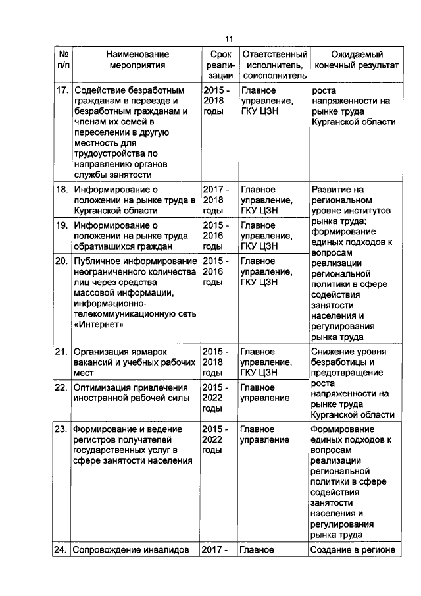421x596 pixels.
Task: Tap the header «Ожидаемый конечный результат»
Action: [x=357, y=60]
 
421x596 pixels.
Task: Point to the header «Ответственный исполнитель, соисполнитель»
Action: [x=274, y=65]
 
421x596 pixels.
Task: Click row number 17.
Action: [x=61, y=90]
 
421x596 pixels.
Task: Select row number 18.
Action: [x=61, y=190]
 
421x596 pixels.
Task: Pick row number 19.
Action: [x=61, y=226]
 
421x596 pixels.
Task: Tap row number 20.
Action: [x=61, y=261]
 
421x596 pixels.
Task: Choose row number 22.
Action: [x=61, y=387]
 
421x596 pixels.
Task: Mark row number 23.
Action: [x=61, y=429]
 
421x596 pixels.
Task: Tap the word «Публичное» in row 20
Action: [x=97, y=261]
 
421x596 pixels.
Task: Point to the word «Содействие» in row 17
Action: [x=99, y=90]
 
